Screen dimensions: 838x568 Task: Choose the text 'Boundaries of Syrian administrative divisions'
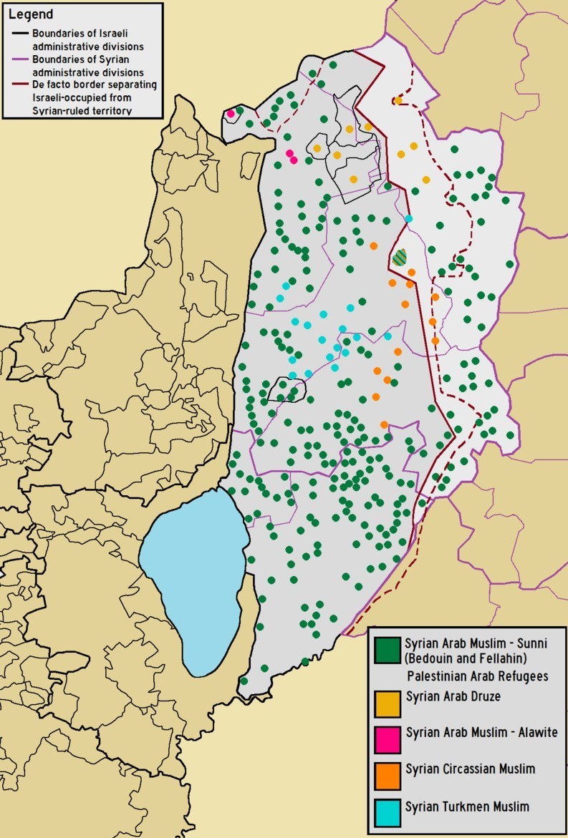(84, 67)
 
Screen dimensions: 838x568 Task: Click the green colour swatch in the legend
(388, 650)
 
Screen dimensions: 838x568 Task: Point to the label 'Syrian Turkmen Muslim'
(467, 807)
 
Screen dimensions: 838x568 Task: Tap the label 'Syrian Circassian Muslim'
(470, 770)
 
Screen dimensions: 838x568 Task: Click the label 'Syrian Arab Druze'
(453, 696)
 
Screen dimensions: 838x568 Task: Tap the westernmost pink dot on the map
(231, 113)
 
